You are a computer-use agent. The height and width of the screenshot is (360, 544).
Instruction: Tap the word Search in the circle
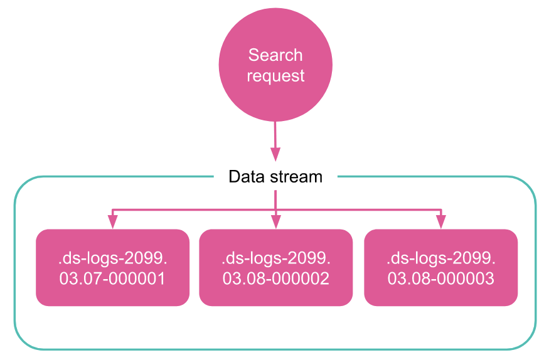coord(275,55)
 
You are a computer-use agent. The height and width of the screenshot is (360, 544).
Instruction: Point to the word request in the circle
coord(275,76)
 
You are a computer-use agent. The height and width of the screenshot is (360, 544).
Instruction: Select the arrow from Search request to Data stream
coord(275,140)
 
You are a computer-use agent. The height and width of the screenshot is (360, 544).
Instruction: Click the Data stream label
coord(275,177)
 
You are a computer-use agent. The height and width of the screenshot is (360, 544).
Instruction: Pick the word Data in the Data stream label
coord(243,177)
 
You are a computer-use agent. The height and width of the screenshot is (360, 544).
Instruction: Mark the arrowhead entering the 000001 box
coord(113,222)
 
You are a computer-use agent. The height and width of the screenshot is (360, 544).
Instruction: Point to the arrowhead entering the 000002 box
coord(275,222)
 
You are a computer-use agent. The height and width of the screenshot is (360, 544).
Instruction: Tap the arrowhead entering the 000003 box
coord(441,222)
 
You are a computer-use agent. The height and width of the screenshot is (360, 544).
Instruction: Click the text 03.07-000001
coord(112,278)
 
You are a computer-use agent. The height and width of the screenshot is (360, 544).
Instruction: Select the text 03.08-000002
coord(275,278)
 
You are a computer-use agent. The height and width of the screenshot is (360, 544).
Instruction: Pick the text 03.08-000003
coord(440,278)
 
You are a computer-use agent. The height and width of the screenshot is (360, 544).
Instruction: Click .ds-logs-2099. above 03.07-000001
coord(112,258)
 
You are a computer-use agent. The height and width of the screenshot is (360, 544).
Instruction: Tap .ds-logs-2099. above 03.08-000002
coord(275,258)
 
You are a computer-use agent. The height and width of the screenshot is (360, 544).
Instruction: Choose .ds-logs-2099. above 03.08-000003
coord(440,258)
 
